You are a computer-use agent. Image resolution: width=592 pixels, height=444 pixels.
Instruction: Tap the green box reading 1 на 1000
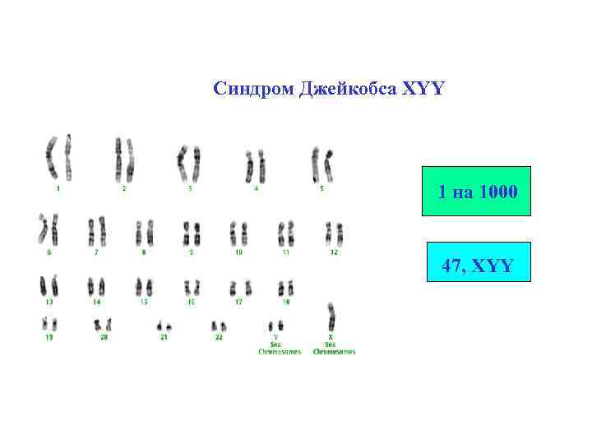(x=477, y=192)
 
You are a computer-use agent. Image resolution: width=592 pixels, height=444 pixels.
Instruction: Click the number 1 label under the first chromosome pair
(x=58, y=188)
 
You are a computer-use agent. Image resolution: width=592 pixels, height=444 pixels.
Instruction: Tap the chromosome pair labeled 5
(x=321, y=164)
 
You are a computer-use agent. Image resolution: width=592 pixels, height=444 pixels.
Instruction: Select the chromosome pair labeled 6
(x=48, y=230)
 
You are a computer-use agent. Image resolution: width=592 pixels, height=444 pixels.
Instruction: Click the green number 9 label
(x=192, y=252)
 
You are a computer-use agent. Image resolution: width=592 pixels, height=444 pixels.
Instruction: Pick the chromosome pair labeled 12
(x=334, y=233)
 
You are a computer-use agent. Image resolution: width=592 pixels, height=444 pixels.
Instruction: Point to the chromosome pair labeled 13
(x=49, y=285)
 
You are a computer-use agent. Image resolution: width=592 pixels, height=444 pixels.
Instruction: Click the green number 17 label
(x=239, y=302)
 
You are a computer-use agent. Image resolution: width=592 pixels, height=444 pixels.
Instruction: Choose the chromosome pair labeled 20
(x=103, y=326)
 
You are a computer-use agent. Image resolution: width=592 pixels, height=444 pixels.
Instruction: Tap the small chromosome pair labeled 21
(x=164, y=326)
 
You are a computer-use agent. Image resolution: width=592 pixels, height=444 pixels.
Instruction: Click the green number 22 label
(x=219, y=337)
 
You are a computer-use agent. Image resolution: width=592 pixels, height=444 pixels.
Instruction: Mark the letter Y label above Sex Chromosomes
(x=275, y=337)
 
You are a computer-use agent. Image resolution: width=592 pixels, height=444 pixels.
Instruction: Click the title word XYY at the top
(x=423, y=88)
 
